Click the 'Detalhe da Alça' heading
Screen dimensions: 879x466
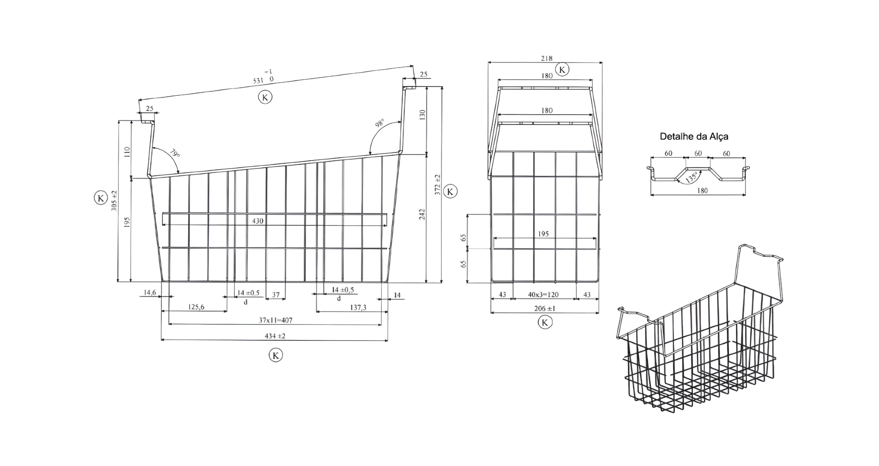(x=694, y=137)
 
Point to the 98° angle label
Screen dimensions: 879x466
(x=380, y=123)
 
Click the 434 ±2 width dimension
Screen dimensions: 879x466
(x=275, y=336)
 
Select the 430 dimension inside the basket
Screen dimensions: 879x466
(x=258, y=221)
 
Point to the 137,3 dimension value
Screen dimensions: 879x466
(x=358, y=308)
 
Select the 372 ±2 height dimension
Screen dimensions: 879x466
(x=437, y=184)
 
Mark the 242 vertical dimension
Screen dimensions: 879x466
(x=422, y=214)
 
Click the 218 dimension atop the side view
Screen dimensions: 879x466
(x=547, y=59)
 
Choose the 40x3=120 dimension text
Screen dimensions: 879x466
(x=543, y=295)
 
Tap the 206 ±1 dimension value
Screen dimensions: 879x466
(x=545, y=308)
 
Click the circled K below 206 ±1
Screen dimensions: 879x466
(x=545, y=323)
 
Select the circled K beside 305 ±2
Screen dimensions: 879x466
(x=101, y=198)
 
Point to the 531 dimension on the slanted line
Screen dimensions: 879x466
(x=258, y=81)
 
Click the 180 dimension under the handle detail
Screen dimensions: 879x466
(x=702, y=191)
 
